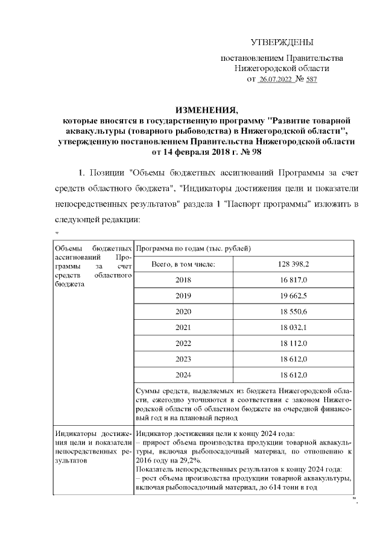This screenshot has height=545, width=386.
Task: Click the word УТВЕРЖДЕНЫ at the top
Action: tap(282, 42)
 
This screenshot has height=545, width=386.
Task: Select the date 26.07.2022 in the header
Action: tap(274, 79)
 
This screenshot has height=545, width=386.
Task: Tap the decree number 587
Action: tap(311, 79)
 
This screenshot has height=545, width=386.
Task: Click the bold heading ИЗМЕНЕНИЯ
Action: tap(206, 110)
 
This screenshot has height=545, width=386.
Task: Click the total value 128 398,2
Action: tap(294, 264)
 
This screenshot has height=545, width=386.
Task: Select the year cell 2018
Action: tap(183, 280)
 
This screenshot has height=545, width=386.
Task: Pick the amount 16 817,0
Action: tap(294, 280)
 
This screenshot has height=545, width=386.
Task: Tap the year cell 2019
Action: tap(183, 296)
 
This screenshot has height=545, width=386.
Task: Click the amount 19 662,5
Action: tap(294, 296)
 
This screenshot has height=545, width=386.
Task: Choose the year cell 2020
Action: tap(183, 311)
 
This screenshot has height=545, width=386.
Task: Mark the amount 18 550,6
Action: tap(294, 311)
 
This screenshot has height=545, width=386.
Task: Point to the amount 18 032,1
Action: tap(294, 327)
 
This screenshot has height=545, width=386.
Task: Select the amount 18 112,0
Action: tap(294, 343)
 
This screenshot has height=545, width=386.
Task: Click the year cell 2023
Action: tap(183, 358)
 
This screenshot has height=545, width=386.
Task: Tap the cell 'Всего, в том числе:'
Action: tap(183, 264)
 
